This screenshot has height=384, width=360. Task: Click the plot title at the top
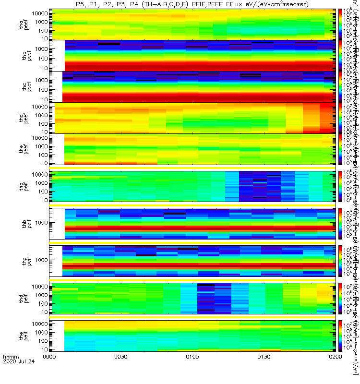(192, 4)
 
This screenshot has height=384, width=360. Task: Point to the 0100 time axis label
(192, 371)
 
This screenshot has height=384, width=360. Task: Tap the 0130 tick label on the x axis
(264, 371)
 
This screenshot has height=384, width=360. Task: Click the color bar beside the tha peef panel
(340, 24)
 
